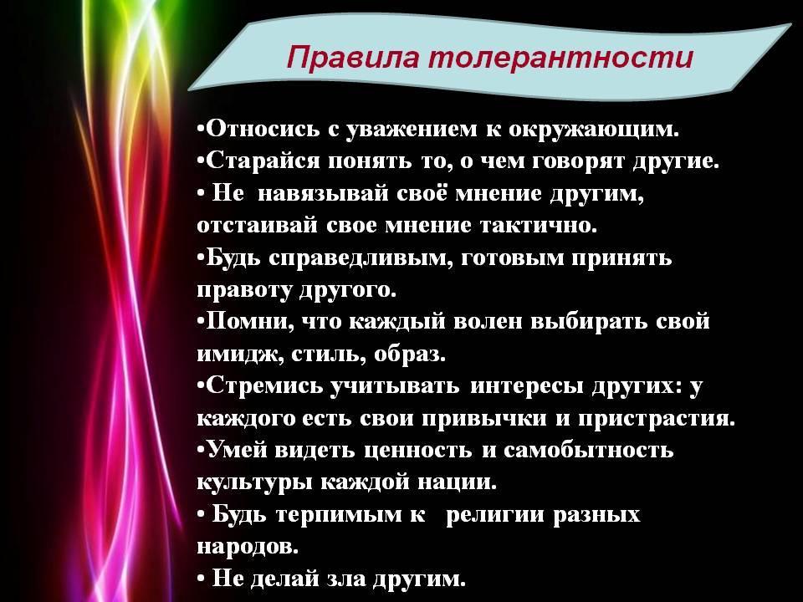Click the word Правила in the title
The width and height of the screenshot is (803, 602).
pyautogui.click(x=353, y=57)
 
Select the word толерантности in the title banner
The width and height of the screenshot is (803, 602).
pyautogui.click(x=560, y=57)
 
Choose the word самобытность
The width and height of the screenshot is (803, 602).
pyautogui.click(x=588, y=451)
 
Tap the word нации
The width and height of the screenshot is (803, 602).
pyautogui.click(x=457, y=482)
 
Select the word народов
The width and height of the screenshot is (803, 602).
pyautogui.click(x=248, y=547)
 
